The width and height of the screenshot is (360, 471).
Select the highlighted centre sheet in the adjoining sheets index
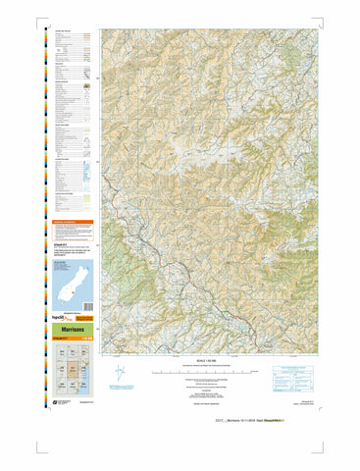coord(71,372)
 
